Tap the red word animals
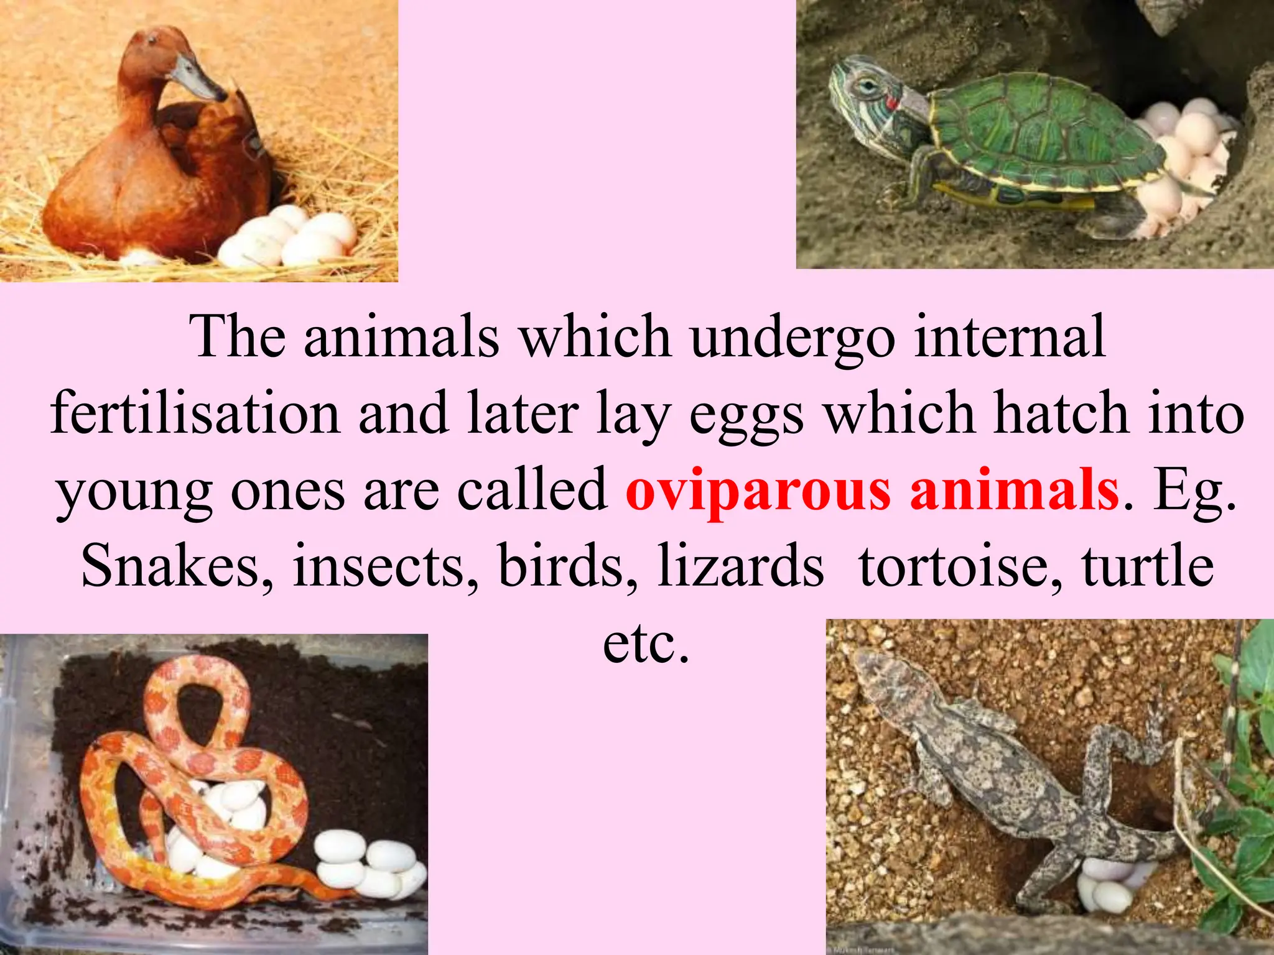(1014, 491)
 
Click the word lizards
(740, 566)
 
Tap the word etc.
(646, 644)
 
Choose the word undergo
(793, 339)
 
